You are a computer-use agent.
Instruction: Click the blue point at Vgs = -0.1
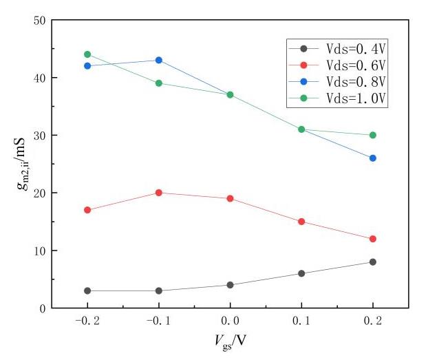coord(159,60)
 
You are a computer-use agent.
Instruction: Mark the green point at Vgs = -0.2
coord(87,54)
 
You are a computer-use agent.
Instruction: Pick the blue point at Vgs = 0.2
coord(373,158)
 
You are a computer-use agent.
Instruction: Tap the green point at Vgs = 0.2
coord(373,135)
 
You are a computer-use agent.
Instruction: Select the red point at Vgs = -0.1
coord(159,193)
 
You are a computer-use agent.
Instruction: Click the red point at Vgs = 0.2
coord(373,239)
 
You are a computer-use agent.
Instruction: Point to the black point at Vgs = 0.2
coord(373,262)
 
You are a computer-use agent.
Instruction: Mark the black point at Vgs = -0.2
coord(87,290)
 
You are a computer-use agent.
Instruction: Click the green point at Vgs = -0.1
coord(159,83)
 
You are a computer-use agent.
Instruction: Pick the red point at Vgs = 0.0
coord(230,198)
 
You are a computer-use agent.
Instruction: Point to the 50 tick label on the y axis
coord(39,20)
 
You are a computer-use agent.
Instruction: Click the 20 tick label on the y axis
coord(39,193)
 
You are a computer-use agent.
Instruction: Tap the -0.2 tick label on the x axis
coord(87,321)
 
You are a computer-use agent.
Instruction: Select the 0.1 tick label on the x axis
coord(301,321)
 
